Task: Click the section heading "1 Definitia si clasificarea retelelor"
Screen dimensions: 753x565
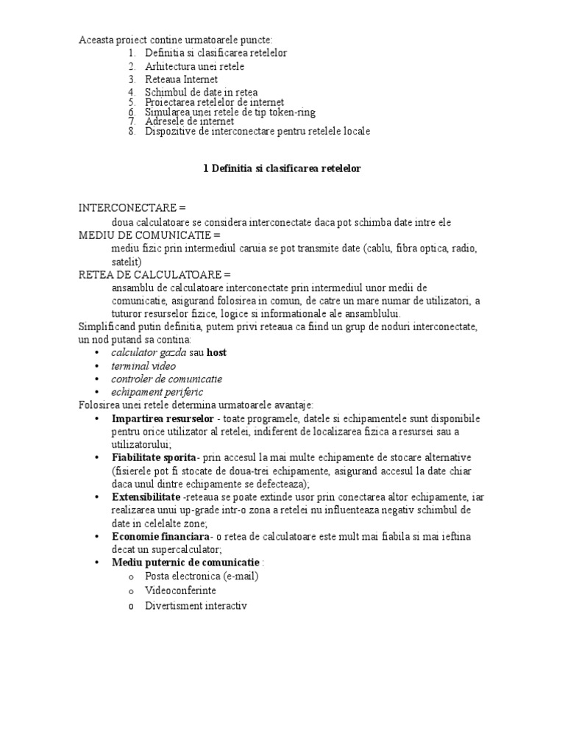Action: (282, 168)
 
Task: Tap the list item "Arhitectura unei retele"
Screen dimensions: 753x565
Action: (194, 66)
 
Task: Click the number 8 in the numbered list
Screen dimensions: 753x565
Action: (131, 132)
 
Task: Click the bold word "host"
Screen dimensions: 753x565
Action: (216, 352)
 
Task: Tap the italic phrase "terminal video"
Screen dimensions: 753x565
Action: (143, 365)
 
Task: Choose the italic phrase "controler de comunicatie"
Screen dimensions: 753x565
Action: (166, 379)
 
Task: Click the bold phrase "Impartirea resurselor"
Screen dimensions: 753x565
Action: (157, 418)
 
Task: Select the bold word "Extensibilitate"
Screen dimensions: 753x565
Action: (146, 497)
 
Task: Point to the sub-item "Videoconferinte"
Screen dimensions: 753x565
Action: (180, 590)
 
